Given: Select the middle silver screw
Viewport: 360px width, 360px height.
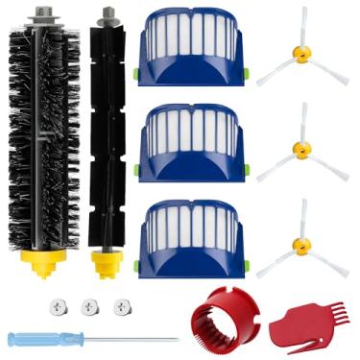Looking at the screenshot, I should [90, 306].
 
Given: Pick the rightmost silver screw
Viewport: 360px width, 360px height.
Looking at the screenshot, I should [122, 306].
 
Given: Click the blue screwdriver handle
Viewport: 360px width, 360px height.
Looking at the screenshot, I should [37, 339].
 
